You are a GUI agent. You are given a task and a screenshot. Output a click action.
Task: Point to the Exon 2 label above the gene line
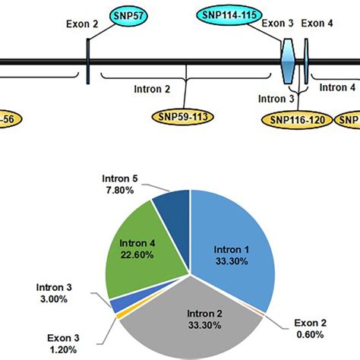(x=84, y=24)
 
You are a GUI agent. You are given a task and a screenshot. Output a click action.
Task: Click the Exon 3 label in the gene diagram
(x=277, y=24)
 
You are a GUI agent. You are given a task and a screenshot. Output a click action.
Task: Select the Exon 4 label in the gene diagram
(x=316, y=24)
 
